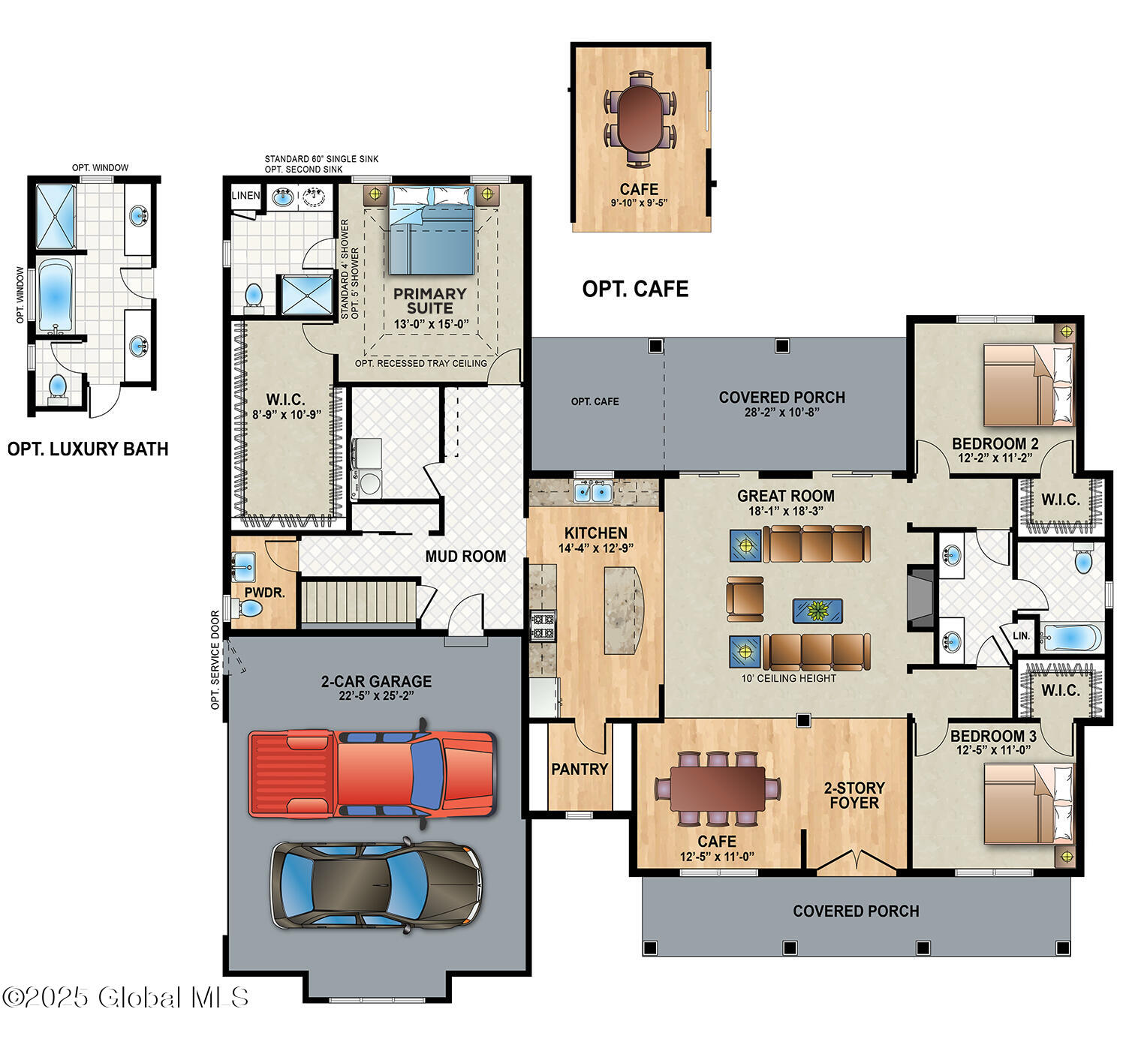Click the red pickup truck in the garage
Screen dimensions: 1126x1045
(372, 773)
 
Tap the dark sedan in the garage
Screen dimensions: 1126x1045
(377, 886)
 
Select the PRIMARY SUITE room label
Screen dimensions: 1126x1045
(430, 301)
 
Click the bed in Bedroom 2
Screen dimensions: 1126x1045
(1028, 385)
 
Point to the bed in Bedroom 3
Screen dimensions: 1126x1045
(1028, 803)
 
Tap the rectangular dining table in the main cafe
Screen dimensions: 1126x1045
(718, 788)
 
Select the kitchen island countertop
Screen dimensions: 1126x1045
(624, 611)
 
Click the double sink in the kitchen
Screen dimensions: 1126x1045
(593, 491)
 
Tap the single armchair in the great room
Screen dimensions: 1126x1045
(745, 599)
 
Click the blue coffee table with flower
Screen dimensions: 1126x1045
(817, 611)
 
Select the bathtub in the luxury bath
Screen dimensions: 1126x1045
(55, 296)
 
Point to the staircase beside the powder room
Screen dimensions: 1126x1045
(359, 602)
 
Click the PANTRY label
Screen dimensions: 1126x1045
(580, 769)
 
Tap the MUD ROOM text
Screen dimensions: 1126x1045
(465, 557)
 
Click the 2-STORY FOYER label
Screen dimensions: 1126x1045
(854, 795)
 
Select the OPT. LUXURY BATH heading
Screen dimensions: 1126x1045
(88, 449)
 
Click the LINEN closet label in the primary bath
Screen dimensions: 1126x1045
(246, 196)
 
